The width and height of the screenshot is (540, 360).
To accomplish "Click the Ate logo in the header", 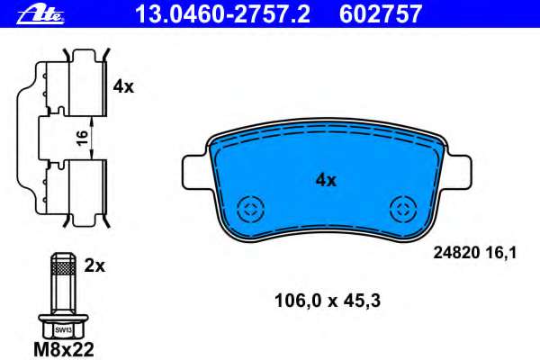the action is [x=40, y=15].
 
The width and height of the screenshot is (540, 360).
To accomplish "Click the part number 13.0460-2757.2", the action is [x=223, y=13].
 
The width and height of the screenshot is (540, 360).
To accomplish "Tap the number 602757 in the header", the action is [x=380, y=13].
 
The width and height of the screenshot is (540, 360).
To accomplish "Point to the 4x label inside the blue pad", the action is [x=326, y=180].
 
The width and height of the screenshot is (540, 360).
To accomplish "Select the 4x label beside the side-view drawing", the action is [x=123, y=86].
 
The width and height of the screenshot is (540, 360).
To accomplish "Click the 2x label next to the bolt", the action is [x=94, y=266].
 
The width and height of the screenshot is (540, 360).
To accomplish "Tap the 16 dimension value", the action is [x=83, y=138].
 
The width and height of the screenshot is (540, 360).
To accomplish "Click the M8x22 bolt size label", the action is [x=64, y=350].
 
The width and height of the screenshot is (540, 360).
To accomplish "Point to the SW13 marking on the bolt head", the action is [x=63, y=330].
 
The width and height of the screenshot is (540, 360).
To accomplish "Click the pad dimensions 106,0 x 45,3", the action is [x=328, y=301].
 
